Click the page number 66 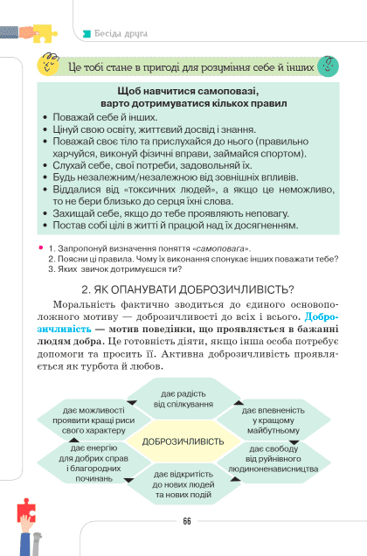tap(186, 521)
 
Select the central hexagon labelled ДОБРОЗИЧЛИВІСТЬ tap(183, 441)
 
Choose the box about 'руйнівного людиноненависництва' tap(273, 462)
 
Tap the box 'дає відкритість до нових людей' tap(183, 483)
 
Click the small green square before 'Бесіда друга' tap(86, 34)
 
